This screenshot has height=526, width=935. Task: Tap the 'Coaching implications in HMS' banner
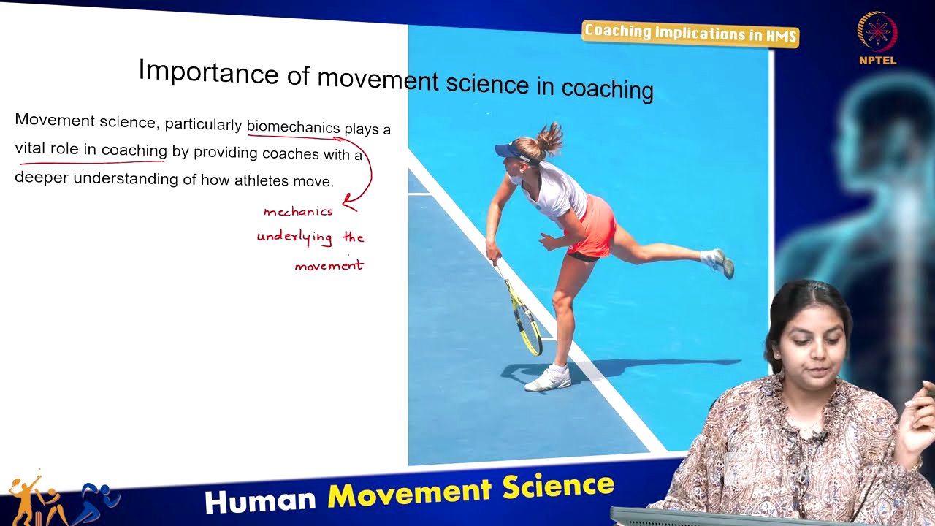pyautogui.click(x=690, y=34)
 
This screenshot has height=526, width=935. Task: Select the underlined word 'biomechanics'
pyautogui.click(x=293, y=126)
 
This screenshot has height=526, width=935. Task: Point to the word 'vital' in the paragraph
pyautogui.click(x=31, y=148)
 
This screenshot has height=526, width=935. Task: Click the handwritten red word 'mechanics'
pyautogui.click(x=298, y=212)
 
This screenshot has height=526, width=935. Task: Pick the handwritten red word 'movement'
pyautogui.click(x=329, y=266)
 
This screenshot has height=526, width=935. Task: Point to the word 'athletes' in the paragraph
pyautogui.click(x=261, y=180)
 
